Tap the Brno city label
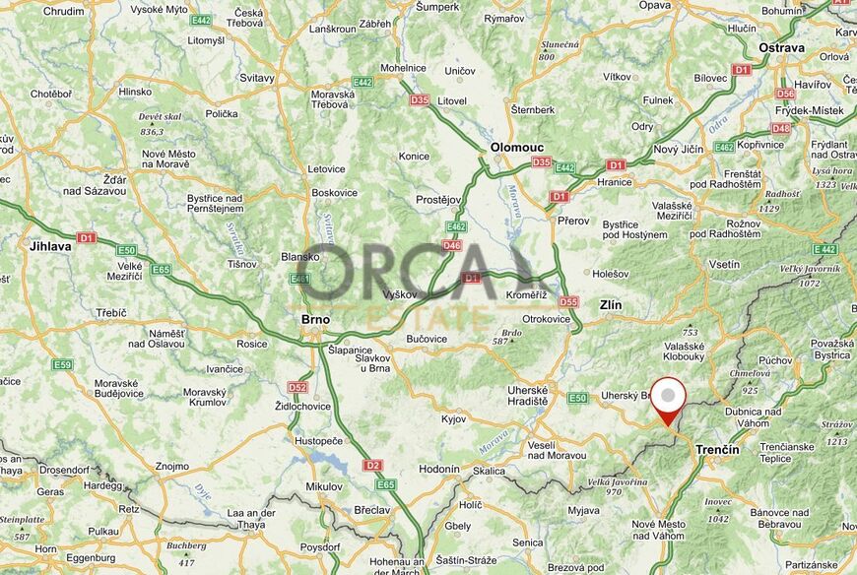pos(316,320)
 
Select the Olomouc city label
pos(516,148)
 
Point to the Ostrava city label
pos(781,47)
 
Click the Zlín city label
pos(611,305)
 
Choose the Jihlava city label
pos(51,246)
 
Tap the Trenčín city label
pos(717,449)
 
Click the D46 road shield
pos(452,245)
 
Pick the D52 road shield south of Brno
pos(297,387)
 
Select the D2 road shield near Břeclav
pos(372,465)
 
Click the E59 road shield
pos(63,364)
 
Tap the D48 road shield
pos(781,128)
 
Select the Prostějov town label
pos(438,200)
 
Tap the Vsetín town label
pos(724,265)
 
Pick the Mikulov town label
pos(324,486)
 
